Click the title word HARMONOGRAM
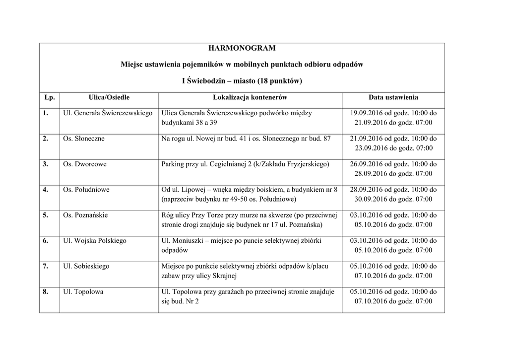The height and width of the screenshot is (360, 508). pos(242,48)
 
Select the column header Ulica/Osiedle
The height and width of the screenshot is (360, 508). pos(109,98)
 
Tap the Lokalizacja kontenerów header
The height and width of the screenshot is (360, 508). pos(250,98)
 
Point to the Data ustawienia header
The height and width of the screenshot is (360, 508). pos(393,98)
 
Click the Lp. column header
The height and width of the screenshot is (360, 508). pos(49,98)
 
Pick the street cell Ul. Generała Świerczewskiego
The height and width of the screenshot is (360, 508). pos(108,113)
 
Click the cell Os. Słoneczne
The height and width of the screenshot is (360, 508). pos(84,139)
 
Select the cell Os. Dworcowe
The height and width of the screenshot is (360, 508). pos(85,164)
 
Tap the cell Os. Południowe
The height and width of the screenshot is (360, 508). pos(86,190)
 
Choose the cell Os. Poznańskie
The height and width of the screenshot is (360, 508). pos(85,215)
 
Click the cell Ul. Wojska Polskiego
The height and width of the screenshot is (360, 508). pos(95,241)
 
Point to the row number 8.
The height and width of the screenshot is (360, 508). pos(45,292)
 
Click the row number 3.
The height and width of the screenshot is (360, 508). pos(45,164)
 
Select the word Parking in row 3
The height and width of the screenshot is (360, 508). pos(173,164)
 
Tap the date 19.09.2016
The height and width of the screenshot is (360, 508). pos(367,113)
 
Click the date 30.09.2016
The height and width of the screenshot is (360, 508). pos(371,199)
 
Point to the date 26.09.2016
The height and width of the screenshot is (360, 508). pos(367,164)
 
